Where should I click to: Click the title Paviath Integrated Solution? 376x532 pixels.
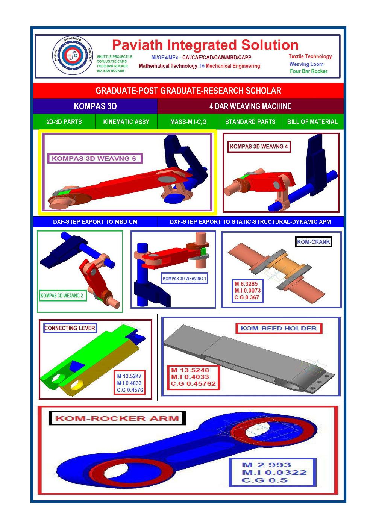click(205, 45)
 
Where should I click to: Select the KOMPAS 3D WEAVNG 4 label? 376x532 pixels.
click(259, 147)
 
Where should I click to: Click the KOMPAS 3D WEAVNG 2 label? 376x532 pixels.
click(62, 296)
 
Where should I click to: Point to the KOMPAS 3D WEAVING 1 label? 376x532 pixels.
click(184, 279)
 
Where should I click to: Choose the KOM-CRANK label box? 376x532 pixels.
click(313, 242)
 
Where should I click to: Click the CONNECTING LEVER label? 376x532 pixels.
click(70, 328)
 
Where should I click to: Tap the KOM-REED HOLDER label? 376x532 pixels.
click(278, 328)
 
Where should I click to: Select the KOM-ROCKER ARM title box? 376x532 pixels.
click(117, 418)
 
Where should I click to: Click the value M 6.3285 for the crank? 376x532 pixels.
click(246, 284)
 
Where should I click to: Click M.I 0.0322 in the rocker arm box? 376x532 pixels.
click(274, 473)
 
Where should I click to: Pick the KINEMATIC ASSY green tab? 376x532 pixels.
click(126, 122)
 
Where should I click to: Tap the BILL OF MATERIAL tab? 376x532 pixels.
click(312, 122)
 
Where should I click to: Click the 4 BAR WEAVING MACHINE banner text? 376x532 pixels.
click(250, 106)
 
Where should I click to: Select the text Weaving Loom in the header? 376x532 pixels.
click(306, 64)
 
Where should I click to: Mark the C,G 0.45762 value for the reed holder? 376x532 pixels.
click(193, 383)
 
